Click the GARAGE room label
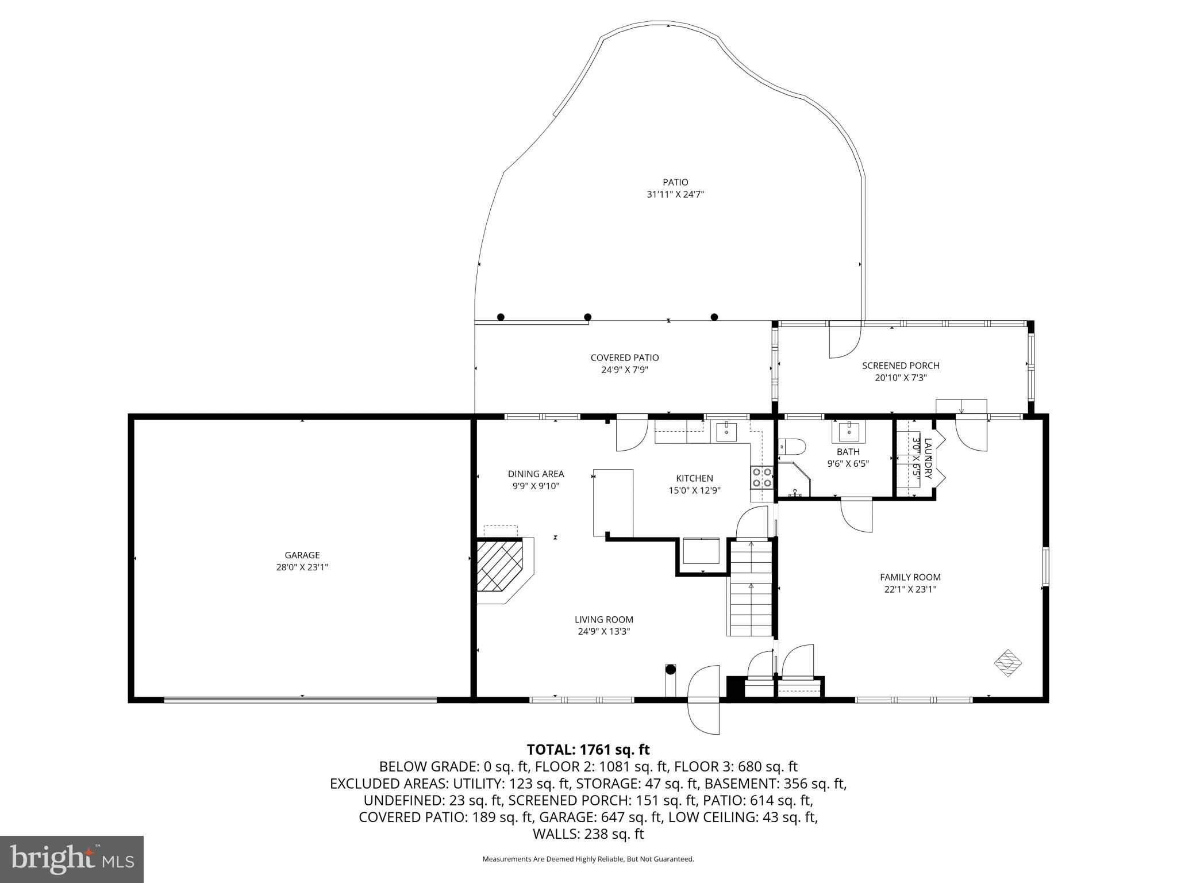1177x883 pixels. click(302, 555)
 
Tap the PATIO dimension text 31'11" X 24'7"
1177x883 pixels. click(675, 195)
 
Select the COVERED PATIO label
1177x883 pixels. click(625, 358)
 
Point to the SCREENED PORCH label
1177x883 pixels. click(901, 366)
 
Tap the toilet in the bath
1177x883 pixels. click(793, 446)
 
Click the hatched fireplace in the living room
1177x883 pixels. click(499, 566)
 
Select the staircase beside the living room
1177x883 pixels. click(751, 588)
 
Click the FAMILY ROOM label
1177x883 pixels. click(910, 577)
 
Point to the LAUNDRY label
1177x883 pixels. click(928, 459)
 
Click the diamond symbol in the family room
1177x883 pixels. click(1008, 663)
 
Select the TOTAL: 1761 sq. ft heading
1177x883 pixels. click(588, 750)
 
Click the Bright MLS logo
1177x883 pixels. click(72, 859)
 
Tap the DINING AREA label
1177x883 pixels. click(536, 474)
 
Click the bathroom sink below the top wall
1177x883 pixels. click(848, 431)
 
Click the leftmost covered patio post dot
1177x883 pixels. click(501, 317)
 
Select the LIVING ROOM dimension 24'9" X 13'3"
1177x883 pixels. click(604, 631)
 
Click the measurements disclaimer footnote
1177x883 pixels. click(588, 859)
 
